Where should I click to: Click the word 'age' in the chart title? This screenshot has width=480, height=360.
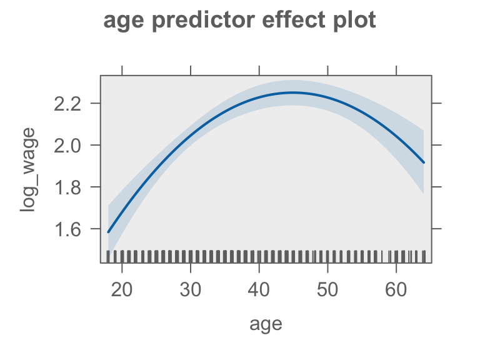click(x=124, y=21)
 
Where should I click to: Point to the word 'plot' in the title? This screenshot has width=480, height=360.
click(x=354, y=21)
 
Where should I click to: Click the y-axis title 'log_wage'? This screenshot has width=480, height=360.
click(x=28, y=169)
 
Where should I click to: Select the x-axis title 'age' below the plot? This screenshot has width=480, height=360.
click(x=266, y=324)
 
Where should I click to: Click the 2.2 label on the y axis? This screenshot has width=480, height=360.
click(x=67, y=104)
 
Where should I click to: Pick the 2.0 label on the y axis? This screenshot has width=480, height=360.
click(x=67, y=146)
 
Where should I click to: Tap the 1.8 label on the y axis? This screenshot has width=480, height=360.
click(x=67, y=187)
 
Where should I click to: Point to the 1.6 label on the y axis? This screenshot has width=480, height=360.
click(x=67, y=229)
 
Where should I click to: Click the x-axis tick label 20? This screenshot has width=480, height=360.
click(x=122, y=289)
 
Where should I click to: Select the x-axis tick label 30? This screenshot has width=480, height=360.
click(x=191, y=289)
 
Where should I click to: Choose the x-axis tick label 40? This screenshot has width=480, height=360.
click(x=259, y=289)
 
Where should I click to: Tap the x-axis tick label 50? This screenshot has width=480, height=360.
click(x=327, y=289)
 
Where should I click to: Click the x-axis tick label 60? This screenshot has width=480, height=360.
click(x=396, y=289)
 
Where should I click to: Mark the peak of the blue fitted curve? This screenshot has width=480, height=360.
click(x=292, y=92)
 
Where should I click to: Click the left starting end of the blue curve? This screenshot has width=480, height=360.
click(x=108, y=232)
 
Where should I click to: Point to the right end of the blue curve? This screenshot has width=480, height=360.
click(x=424, y=162)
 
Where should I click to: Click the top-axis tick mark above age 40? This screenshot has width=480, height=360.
click(x=259, y=71)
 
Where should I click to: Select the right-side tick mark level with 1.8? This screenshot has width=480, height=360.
click(x=436, y=187)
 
